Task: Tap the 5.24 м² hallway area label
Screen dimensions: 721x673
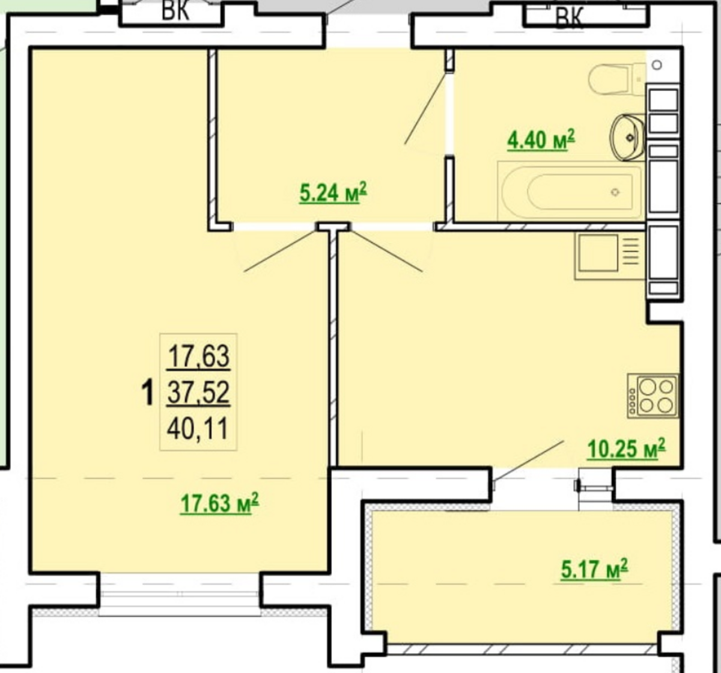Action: [333, 192]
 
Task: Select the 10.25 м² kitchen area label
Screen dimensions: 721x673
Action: [626, 449]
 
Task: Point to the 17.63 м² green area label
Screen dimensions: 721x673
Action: [219, 504]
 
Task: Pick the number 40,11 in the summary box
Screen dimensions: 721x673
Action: [198, 429]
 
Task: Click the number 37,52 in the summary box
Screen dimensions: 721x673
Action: [198, 393]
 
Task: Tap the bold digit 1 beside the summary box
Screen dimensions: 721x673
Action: [147, 393]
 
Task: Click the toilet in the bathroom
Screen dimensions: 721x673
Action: [617, 79]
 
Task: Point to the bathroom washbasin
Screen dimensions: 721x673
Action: [628, 137]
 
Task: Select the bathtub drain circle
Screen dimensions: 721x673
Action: [615, 192]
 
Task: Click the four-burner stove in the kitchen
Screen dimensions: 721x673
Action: [653, 396]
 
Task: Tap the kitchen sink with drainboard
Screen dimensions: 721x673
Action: [609, 256]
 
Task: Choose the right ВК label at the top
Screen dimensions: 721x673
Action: [569, 17]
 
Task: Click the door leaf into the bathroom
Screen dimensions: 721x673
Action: [425, 108]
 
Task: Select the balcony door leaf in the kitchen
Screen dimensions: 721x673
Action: [528, 461]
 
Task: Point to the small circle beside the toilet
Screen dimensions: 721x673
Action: [657, 65]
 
